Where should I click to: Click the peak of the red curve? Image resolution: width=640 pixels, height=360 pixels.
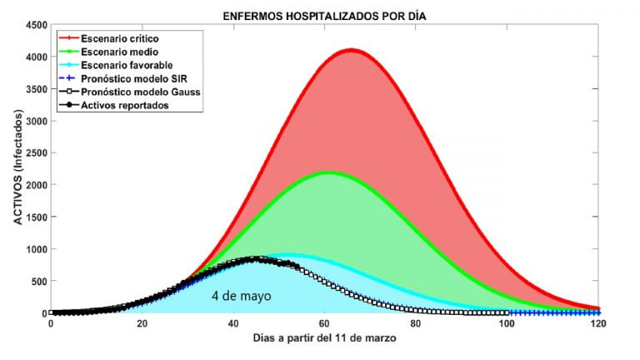click(352, 50)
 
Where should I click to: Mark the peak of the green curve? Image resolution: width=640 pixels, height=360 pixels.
click(330, 172)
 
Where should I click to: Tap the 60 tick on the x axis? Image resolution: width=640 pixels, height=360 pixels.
click(325, 324)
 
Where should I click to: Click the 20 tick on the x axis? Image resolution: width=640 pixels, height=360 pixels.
click(142, 324)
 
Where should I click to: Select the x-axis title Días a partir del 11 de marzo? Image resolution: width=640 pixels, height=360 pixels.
click(325, 339)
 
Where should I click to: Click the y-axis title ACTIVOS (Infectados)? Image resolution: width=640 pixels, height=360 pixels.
click(16, 169)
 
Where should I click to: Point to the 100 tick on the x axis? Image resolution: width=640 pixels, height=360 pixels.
click(507, 324)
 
